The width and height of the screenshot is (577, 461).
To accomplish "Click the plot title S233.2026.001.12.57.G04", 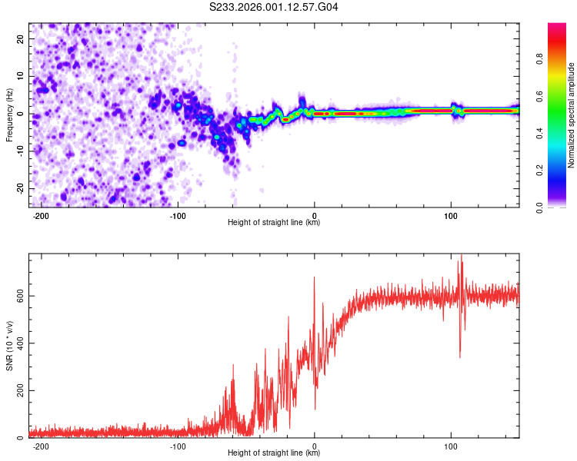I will [x=274, y=7].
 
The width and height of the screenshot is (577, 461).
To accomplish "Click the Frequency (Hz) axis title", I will [x=9, y=114].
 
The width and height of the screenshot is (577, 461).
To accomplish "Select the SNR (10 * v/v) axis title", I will [x=9, y=345].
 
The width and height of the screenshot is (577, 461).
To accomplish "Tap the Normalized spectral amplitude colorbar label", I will [x=572, y=115].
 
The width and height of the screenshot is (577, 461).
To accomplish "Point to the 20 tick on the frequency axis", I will [x=22, y=39].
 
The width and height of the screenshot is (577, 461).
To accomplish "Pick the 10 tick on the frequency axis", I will [x=22, y=77].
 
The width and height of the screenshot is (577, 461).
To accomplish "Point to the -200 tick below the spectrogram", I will [x=42, y=214].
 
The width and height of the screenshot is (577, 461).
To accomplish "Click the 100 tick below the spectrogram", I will [x=451, y=214].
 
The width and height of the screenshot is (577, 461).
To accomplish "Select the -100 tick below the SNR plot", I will [x=178, y=445].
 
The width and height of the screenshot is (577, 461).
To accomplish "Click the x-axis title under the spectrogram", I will [x=274, y=223].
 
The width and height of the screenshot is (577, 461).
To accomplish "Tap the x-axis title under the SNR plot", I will [x=274, y=453].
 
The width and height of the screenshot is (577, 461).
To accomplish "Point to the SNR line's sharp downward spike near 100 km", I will [x=460, y=355].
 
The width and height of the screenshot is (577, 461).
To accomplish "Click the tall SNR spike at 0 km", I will [x=314, y=279].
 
